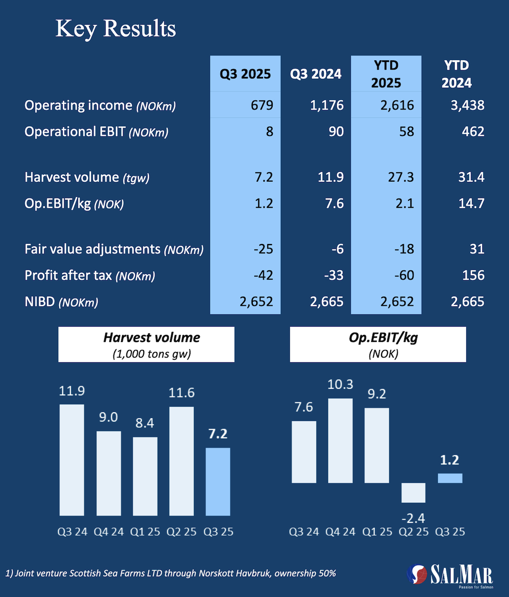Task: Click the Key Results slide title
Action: click(115, 29)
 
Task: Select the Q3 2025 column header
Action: click(245, 74)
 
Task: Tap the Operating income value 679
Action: click(262, 106)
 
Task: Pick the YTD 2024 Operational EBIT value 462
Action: click(472, 131)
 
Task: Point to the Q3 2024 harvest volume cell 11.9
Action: click(331, 177)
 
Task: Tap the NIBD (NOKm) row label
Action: click(61, 301)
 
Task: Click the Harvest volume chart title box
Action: click(146, 344)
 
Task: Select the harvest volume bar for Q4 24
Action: click(108, 473)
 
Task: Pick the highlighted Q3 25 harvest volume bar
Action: click(218, 481)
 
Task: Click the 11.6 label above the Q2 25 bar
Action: click(181, 393)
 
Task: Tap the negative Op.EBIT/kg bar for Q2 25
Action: click(413, 492)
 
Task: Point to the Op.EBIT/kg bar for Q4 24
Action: click(341, 441)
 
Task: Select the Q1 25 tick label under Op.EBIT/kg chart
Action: click(377, 532)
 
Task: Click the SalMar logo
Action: click(450, 576)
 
